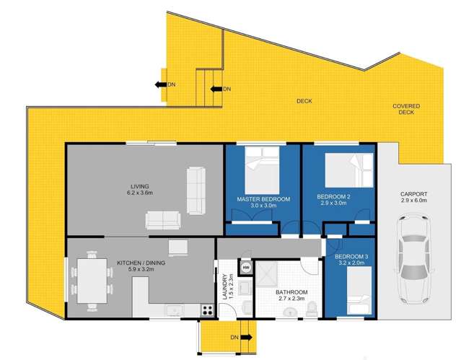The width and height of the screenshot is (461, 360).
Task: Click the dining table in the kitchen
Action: click(x=90, y=278)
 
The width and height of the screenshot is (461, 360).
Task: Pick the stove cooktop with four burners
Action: click(x=207, y=311)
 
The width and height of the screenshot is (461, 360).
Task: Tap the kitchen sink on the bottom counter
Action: click(x=173, y=311)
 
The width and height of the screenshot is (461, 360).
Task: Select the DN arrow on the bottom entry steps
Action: click(x=240, y=337)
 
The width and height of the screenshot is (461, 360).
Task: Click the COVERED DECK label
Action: click(x=405, y=109)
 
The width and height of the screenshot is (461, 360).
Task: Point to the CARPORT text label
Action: click(x=414, y=194)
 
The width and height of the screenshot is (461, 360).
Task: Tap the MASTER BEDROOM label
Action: click(x=263, y=198)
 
